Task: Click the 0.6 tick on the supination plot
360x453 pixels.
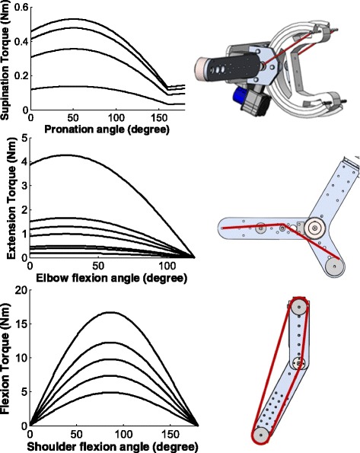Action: point(21,6)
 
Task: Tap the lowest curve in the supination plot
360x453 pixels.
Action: point(76,89)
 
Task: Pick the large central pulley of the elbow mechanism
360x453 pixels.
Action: point(314,226)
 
